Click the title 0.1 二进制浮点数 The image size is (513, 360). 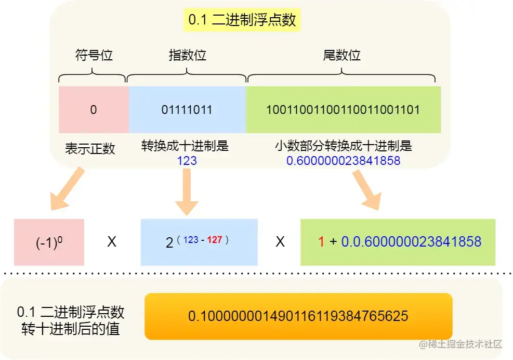pyautogui.click(x=242, y=20)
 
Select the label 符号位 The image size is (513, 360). pyautogui.click(x=94, y=55)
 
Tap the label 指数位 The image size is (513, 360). pyautogui.click(x=187, y=55)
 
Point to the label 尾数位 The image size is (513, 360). pyautogui.click(x=341, y=55)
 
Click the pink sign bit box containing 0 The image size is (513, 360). pyautogui.click(x=94, y=110)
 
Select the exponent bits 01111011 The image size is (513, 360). pyautogui.click(x=187, y=110)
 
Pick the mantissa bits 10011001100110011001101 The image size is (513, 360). pyautogui.click(x=343, y=110)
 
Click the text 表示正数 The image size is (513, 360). pyautogui.click(x=89, y=149)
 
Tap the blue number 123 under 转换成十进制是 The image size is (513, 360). pyautogui.click(x=187, y=160)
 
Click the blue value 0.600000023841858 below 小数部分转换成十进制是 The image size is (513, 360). pyautogui.click(x=343, y=161)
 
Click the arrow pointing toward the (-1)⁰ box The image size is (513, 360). pyautogui.click(x=66, y=188)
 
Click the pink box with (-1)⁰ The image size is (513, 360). pyautogui.click(x=49, y=242)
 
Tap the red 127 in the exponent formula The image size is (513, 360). pyautogui.click(x=215, y=240)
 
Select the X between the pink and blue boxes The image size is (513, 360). pyautogui.click(x=112, y=242)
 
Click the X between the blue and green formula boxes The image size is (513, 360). pyautogui.click(x=280, y=242)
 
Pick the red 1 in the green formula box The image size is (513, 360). pyautogui.click(x=321, y=242)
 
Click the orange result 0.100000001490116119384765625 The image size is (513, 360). pyautogui.click(x=298, y=316)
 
